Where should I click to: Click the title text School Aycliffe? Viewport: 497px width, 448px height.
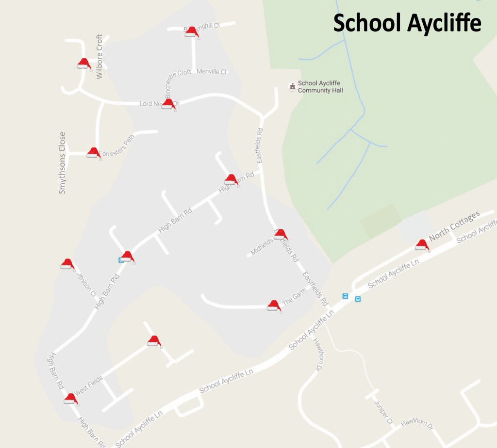pyautogui.click(x=407, y=23)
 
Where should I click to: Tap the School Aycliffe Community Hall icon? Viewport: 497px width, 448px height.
pyautogui.click(x=292, y=86)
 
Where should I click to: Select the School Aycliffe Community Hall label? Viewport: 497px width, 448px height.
pyautogui.click(x=320, y=87)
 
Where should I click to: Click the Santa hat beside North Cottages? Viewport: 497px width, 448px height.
pyautogui.click(x=422, y=245)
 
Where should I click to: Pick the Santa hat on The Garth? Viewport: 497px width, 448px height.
pyautogui.click(x=274, y=305)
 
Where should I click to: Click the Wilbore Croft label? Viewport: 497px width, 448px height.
pyautogui.click(x=99, y=56)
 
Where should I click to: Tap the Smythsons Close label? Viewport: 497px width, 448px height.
pyautogui.click(x=62, y=163)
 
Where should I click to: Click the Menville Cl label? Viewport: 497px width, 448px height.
pyautogui.click(x=212, y=71)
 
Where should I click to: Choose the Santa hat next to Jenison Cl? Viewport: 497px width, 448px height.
pyautogui.click(x=67, y=264)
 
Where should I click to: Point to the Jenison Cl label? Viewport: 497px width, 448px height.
pyautogui.click(x=86, y=283)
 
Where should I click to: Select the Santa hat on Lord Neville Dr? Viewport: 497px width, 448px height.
pyautogui.click(x=168, y=104)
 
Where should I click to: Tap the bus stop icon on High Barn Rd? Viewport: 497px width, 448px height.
pyautogui.click(x=121, y=260)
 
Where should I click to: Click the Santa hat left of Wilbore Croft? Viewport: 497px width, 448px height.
pyautogui.click(x=84, y=64)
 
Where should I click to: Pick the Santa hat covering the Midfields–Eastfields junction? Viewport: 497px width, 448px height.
pyautogui.click(x=281, y=235)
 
